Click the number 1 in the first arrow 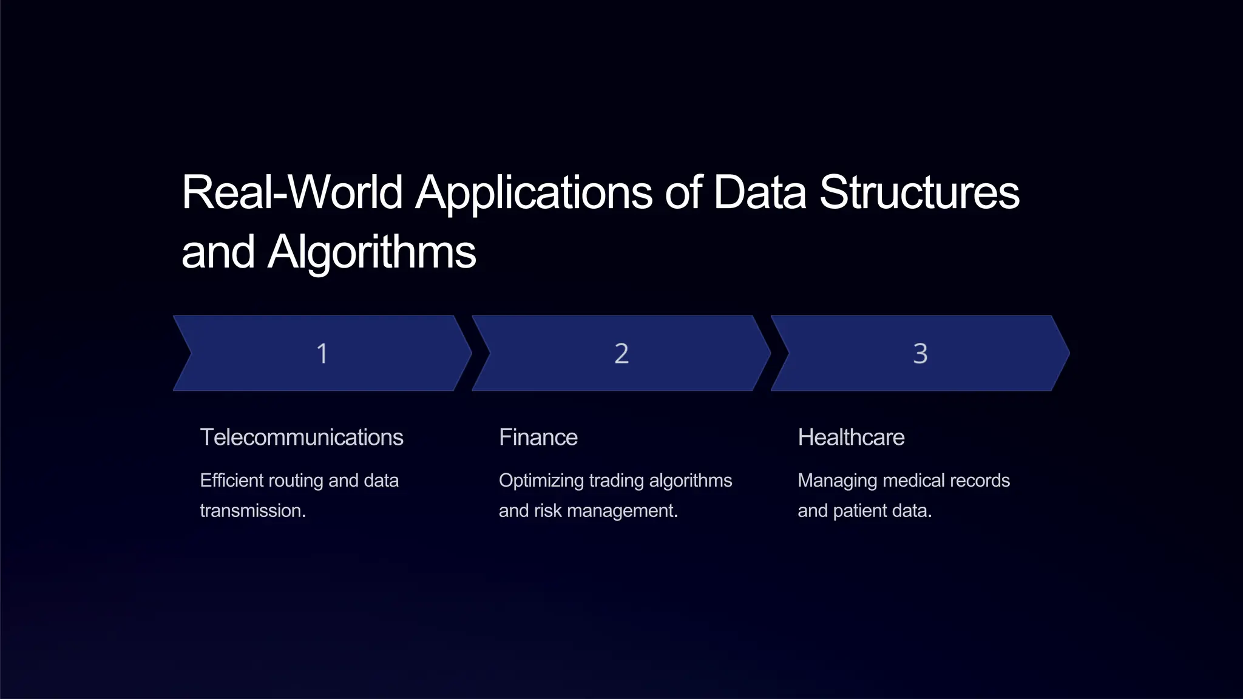[322, 353]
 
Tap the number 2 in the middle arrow [621, 353]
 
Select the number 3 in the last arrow [920, 353]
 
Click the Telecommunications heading [302, 437]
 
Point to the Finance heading [538, 437]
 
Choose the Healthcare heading [851, 437]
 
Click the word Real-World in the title [292, 192]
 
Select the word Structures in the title [920, 192]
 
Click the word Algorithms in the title [372, 252]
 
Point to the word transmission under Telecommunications [252, 511]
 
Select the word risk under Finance [548, 511]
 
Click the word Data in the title [760, 192]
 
